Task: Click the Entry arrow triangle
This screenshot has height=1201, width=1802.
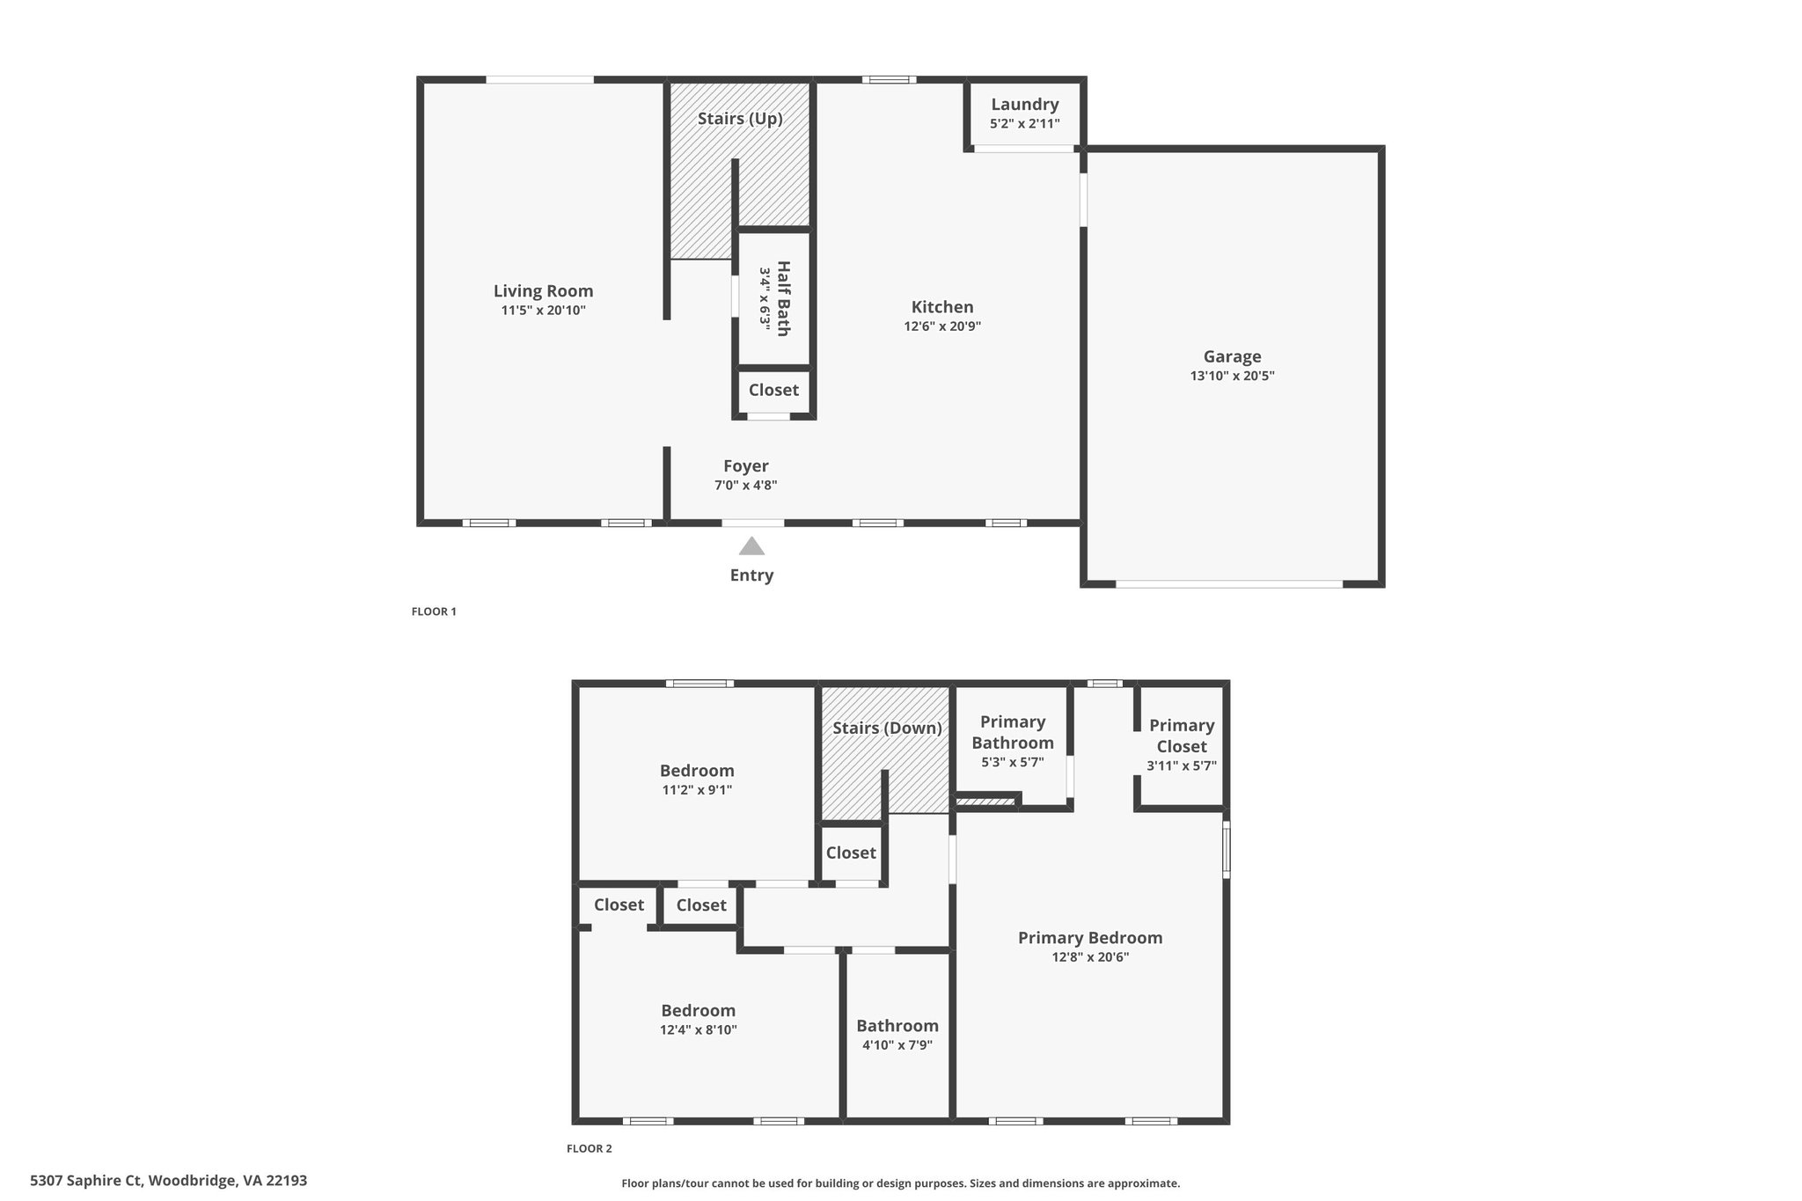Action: [751, 546]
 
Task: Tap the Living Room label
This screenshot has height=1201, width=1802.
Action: [543, 291]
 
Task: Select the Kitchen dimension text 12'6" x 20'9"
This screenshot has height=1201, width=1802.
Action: [942, 326]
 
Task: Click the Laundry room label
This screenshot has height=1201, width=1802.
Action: [1025, 105]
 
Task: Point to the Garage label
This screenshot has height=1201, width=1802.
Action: [1232, 356]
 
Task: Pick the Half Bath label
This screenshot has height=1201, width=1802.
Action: [782, 298]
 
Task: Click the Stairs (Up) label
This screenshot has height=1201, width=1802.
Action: [740, 119]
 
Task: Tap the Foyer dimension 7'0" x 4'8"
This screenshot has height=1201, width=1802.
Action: [745, 485]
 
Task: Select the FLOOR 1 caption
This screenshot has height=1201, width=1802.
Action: [434, 611]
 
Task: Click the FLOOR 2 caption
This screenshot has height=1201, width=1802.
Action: [589, 1148]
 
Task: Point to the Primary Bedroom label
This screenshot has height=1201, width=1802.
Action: [1090, 938]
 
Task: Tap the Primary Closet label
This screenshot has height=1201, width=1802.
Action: [1182, 736]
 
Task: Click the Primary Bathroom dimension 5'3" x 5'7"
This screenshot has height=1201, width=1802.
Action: [1013, 762]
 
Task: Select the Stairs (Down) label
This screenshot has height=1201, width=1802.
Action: [887, 729]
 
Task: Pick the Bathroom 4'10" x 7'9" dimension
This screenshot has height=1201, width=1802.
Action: [897, 1045]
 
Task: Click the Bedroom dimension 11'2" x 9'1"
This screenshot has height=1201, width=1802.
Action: [697, 790]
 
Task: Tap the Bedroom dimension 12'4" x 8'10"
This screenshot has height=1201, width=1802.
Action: [699, 1029]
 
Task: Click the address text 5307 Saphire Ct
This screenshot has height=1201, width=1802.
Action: [86, 1181]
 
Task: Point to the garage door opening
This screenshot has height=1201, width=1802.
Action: [1229, 583]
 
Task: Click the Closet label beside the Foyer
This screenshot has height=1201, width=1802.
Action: [773, 390]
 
